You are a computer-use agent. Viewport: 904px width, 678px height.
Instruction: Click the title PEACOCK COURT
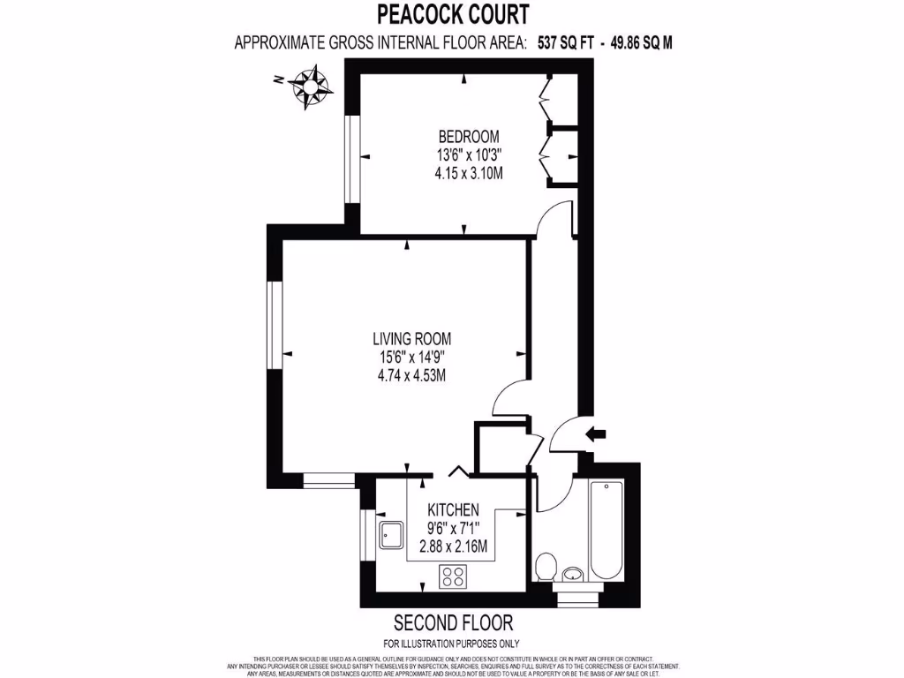pos(453,15)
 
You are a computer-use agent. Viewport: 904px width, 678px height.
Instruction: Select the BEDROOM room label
pos(469,137)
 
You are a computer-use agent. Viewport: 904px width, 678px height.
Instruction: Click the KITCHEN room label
pos(453,510)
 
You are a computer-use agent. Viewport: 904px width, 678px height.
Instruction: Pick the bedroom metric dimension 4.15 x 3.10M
pos(469,174)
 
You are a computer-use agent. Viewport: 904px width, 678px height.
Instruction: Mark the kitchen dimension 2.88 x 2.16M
pos(453,546)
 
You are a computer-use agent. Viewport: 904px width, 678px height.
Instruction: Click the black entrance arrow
pos(597,433)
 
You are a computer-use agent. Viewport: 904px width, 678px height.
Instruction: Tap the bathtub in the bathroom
pos(607,529)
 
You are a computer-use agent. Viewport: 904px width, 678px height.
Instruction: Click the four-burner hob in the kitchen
pos(454,577)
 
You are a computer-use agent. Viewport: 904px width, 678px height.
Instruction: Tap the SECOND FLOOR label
pos(453,623)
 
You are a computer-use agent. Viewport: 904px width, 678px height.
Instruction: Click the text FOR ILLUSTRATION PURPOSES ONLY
pos(451,643)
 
